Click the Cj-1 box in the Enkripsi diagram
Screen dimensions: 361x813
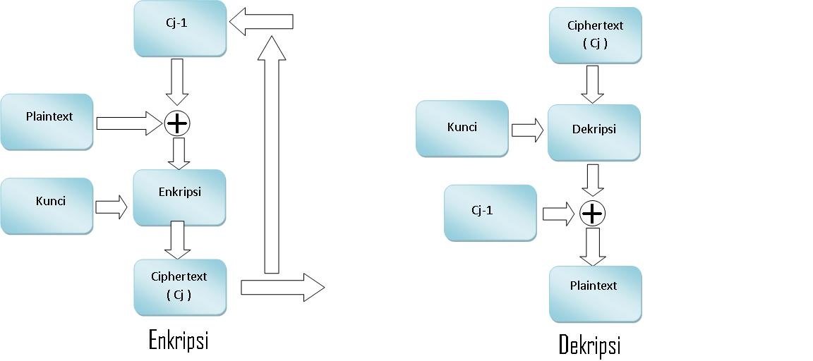tap(180, 28)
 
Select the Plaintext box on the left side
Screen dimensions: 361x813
tap(47, 122)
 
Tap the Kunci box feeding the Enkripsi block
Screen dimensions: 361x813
tap(47, 206)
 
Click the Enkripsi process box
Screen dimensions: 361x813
tap(179, 197)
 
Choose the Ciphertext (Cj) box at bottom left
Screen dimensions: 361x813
tap(180, 286)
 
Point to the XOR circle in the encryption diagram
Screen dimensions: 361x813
tap(177, 124)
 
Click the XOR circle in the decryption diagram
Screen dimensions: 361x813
tap(592, 213)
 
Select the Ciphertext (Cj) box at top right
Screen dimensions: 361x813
tap(595, 35)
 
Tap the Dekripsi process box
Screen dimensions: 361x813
tap(594, 133)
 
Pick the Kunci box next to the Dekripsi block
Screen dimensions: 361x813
tap(462, 128)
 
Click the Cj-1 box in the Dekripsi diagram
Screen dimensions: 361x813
tap(490, 213)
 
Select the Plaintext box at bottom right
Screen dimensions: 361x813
tap(595, 294)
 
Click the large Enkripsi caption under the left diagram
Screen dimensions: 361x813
tap(179, 340)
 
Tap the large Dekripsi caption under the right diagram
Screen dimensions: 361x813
tap(589, 345)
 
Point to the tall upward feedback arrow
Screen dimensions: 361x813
tap(272, 155)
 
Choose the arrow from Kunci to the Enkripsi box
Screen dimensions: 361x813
tap(112, 207)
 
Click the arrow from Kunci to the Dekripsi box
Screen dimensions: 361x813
tap(527, 130)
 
